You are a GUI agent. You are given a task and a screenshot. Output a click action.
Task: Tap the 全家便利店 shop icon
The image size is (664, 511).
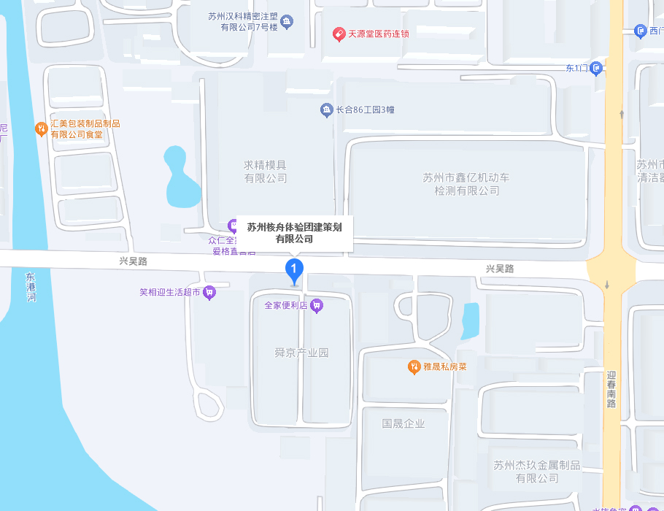point(317,306)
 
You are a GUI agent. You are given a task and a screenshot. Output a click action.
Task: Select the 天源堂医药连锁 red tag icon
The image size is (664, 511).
point(339,34)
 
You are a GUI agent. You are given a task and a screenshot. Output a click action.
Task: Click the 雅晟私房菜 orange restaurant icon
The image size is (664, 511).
point(414,366)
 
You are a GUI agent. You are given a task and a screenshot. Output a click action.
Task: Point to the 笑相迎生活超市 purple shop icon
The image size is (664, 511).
point(209,293)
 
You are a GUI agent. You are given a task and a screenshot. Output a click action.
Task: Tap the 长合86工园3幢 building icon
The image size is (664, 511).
point(326,110)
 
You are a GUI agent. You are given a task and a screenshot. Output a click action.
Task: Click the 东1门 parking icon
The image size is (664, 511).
point(596,69)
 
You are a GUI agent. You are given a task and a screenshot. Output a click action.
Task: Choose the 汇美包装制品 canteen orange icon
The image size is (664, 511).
point(42,129)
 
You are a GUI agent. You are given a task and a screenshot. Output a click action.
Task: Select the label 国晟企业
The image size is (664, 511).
point(403,423)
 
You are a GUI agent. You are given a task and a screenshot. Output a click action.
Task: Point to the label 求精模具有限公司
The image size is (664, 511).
point(266,172)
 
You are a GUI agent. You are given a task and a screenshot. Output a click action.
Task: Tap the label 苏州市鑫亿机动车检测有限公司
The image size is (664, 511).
point(467,184)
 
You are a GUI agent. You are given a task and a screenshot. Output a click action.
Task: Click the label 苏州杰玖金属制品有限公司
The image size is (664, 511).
point(536,472)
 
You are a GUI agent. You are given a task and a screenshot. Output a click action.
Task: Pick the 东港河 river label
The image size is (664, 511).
point(31,287)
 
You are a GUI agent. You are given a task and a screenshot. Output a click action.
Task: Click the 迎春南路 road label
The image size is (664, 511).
point(611,388)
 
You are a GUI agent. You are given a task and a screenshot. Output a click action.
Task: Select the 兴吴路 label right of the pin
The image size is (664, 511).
point(499,269)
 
